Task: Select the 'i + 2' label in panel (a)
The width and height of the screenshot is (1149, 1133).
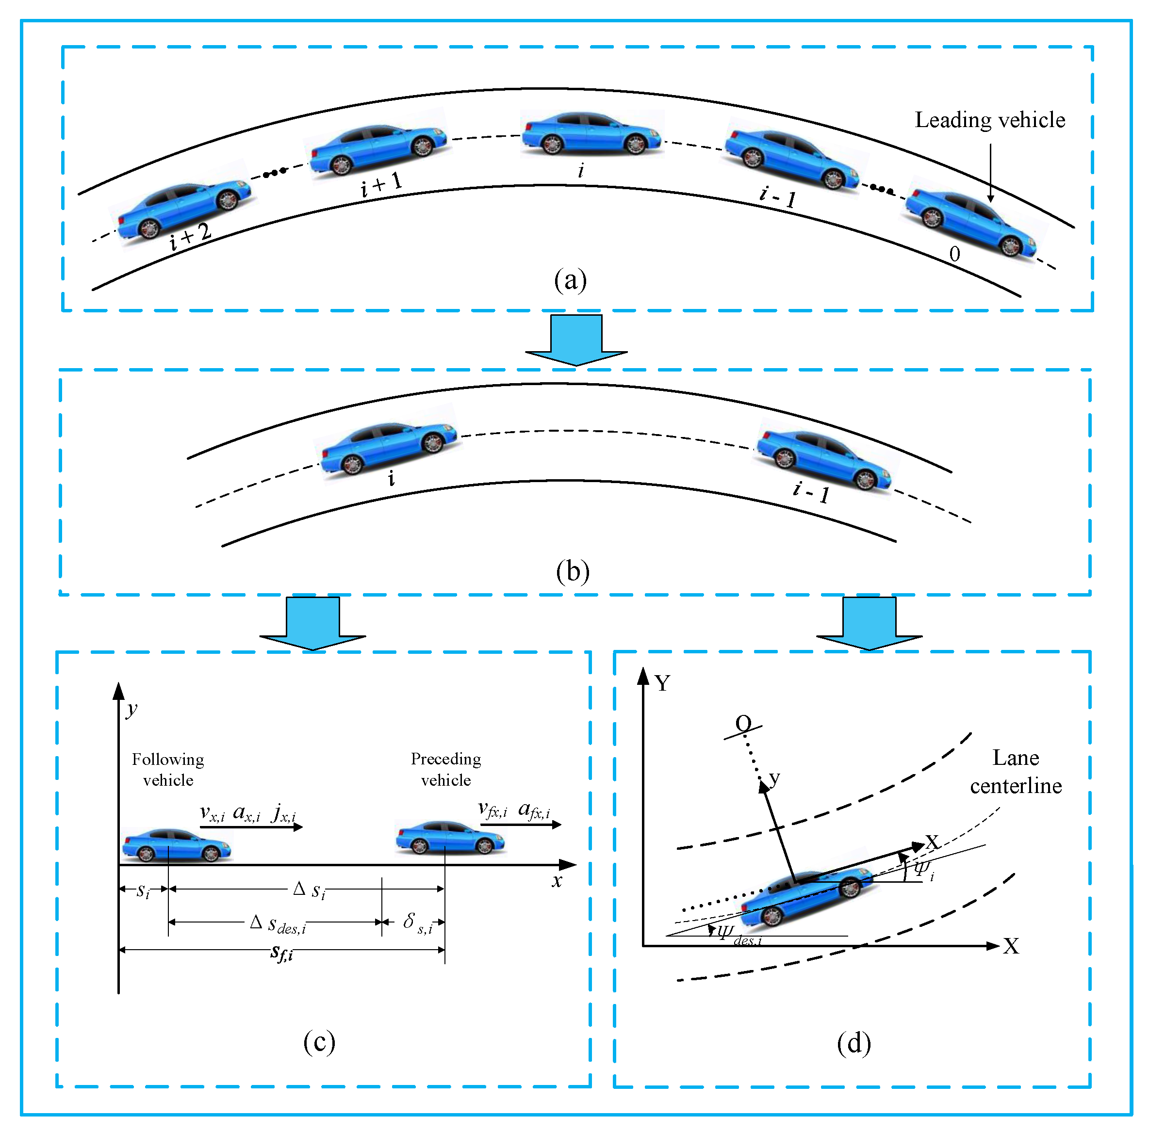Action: pos(190,237)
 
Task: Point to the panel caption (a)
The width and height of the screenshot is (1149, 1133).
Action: pos(570,279)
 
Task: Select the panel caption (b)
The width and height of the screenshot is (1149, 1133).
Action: pos(572,571)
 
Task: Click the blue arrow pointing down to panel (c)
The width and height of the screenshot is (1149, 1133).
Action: pos(313,623)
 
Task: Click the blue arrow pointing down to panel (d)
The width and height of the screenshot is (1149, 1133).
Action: pos(869,623)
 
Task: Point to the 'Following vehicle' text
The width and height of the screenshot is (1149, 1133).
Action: pos(168,769)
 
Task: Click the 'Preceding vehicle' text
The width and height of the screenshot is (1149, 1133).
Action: pos(445,769)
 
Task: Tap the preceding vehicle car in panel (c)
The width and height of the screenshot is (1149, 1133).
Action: pos(450,837)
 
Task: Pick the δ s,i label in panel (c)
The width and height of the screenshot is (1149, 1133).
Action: pos(417,923)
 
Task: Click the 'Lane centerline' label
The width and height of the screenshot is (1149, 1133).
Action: pos(1015,772)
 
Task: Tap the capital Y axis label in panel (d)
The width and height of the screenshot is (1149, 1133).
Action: pos(662,683)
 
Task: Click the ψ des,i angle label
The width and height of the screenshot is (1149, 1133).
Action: pos(738,935)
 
